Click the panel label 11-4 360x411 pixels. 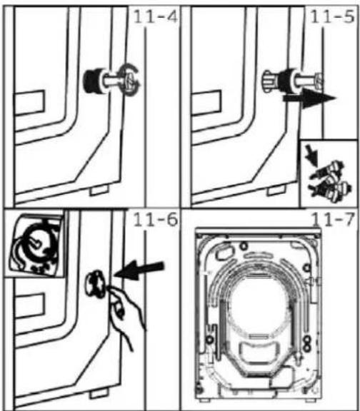pos(156,17)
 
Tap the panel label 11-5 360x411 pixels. pos(332,17)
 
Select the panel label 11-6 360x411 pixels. pos(156,220)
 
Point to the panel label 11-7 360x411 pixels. pos(332,220)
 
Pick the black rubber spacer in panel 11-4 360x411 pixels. pos(91,80)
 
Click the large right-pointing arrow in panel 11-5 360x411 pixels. pos(309,98)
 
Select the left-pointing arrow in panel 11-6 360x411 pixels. pos(139,270)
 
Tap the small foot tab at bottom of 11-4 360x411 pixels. pos(99,190)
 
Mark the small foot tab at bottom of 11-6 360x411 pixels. pos(99,394)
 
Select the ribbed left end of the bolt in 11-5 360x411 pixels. pos(269,81)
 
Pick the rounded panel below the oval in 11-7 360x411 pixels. pos(259,352)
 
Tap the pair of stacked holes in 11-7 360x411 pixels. pos(306,343)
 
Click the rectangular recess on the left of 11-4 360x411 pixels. pos(30,103)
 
